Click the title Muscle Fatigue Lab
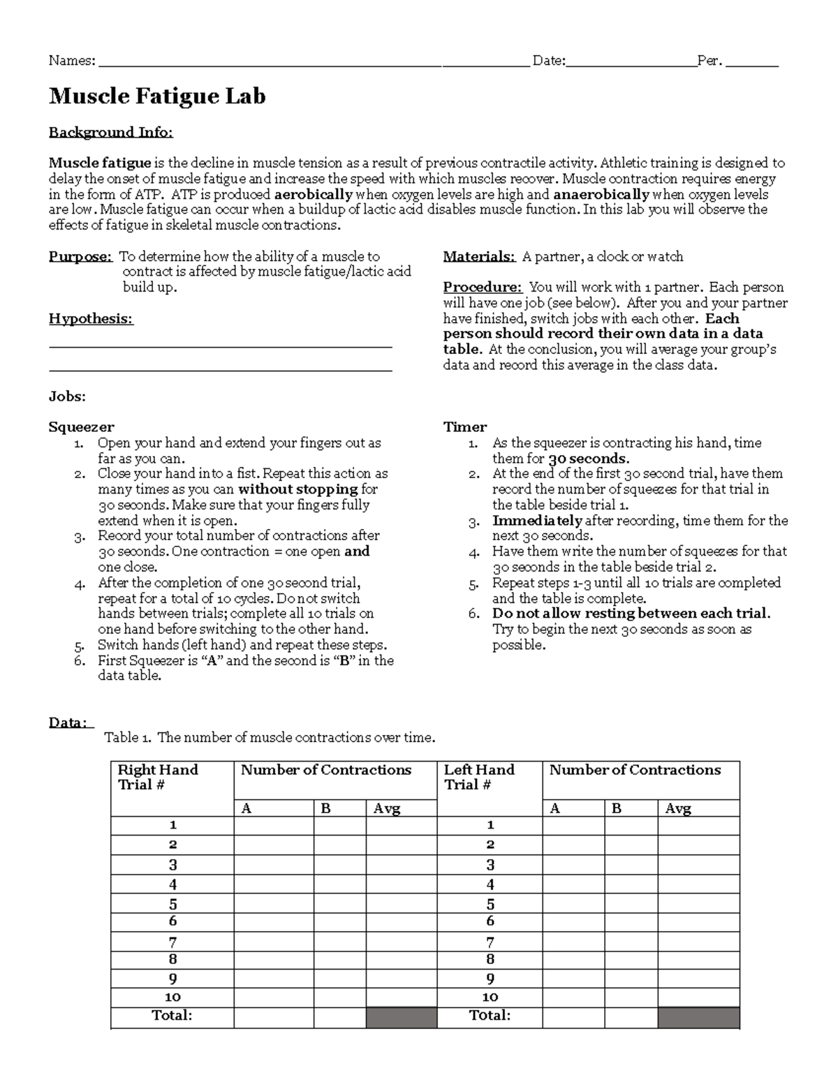(157, 96)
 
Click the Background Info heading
(110, 133)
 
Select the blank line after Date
(631, 63)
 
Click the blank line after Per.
(752, 63)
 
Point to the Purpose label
(80, 257)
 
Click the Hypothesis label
(91, 319)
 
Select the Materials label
(479, 257)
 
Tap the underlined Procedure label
(483, 288)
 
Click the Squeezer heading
(81, 427)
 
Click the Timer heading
(465, 427)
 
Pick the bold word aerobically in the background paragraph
(314, 195)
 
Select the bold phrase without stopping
(298, 489)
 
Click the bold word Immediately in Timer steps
(536, 521)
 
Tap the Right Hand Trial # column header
(158, 778)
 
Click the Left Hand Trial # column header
(479, 778)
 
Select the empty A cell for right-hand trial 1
(273, 826)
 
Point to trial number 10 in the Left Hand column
(490, 997)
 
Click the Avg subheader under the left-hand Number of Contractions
(678, 809)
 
